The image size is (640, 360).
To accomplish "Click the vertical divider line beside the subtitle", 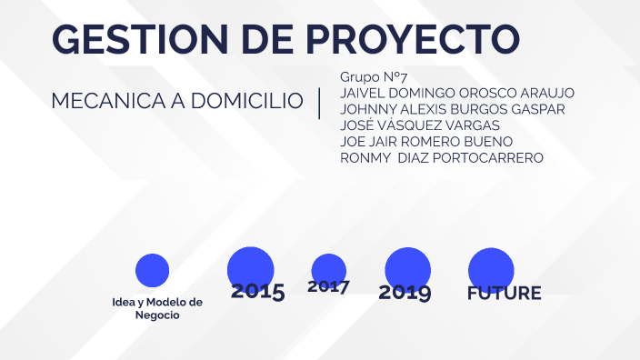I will [x=320, y=103].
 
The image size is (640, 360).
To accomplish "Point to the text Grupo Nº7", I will [x=373, y=76].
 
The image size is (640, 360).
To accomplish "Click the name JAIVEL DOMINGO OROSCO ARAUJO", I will [x=456, y=93].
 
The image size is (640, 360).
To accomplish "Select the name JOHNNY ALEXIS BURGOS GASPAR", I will [x=452, y=109].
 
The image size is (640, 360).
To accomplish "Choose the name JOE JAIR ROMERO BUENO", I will [x=426, y=142].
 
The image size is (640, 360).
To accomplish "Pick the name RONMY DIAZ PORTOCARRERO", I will [x=441, y=158].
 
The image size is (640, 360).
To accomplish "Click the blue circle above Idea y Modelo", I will [x=152, y=270].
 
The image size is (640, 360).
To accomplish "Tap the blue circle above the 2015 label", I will [x=251, y=268].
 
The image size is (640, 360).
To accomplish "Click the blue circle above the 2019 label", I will [x=407, y=267].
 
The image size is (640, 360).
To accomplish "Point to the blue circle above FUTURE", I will [x=491, y=269].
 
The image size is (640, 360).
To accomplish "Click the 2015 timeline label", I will [x=257, y=292].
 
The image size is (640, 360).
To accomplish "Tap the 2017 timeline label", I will [x=328, y=287].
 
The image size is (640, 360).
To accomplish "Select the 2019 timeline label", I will [x=405, y=293].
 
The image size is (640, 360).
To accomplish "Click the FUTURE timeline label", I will [x=504, y=294].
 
